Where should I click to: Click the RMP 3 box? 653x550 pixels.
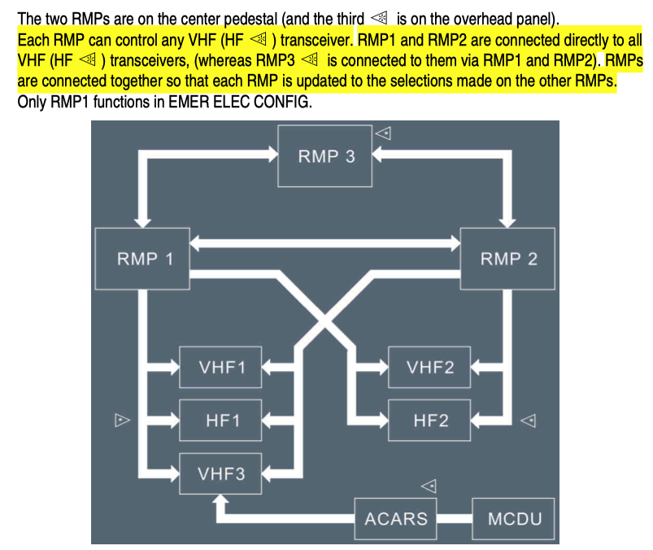pos(326,156)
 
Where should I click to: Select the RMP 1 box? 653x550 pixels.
pos(144,259)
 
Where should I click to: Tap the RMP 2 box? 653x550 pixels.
pos(508,259)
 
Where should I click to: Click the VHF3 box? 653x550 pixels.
pos(222,474)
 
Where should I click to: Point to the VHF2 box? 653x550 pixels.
pos(429,367)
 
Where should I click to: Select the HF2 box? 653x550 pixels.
pos(429,421)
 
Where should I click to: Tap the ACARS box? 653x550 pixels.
pos(396,518)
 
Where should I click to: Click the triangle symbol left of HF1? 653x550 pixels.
pos(122,421)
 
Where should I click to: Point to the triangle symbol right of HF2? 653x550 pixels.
pos(529,421)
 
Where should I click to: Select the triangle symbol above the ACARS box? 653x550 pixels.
pos(429,487)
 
